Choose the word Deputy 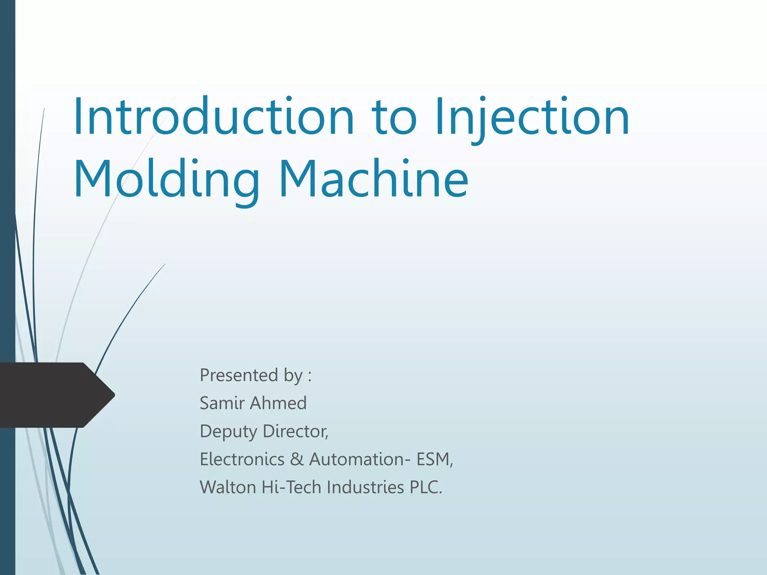[228, 432]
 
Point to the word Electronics [242, 459]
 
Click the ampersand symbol [297, 459]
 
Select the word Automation [356, 459]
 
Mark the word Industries [365, 487]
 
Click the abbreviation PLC [425, 487]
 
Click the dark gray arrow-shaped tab [56, 395]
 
